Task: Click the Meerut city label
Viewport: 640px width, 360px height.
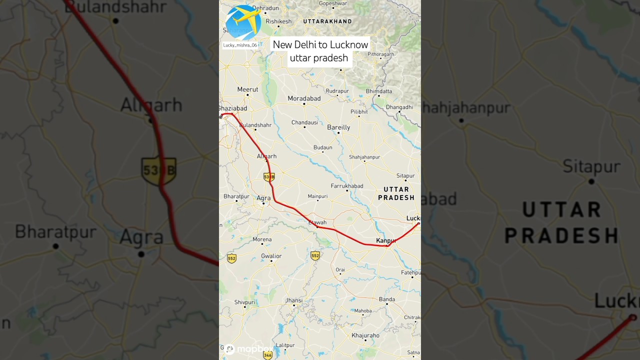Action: coord(247,89)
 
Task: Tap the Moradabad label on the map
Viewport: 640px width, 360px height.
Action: coord(304,98)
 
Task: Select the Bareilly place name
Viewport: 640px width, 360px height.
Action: coord(338,127)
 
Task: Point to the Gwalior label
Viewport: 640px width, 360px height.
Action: coord(271,256)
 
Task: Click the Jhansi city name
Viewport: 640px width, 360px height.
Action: coord(293,300)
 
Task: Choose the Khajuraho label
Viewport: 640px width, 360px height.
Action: coord(365,335)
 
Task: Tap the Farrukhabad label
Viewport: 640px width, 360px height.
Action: coord(347,186)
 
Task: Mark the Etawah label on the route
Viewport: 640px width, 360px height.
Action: coord(317,222)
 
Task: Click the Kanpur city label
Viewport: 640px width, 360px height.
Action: coord(385,240)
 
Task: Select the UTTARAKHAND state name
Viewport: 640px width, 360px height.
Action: coord(327,21)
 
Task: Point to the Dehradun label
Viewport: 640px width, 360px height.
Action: coord(265,8)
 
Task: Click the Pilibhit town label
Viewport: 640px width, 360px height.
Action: coord(359,111)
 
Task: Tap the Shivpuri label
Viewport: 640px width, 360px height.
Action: coord(245,302)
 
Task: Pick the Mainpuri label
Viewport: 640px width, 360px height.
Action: coord(317,196)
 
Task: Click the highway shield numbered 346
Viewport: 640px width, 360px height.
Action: coord(268,355)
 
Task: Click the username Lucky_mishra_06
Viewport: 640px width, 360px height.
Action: coord(240,45)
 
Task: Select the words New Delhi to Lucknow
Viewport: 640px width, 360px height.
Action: coord(320,44)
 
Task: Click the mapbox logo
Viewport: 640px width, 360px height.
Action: coord(250,349)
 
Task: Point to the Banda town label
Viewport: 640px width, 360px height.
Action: coord(387,299)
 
